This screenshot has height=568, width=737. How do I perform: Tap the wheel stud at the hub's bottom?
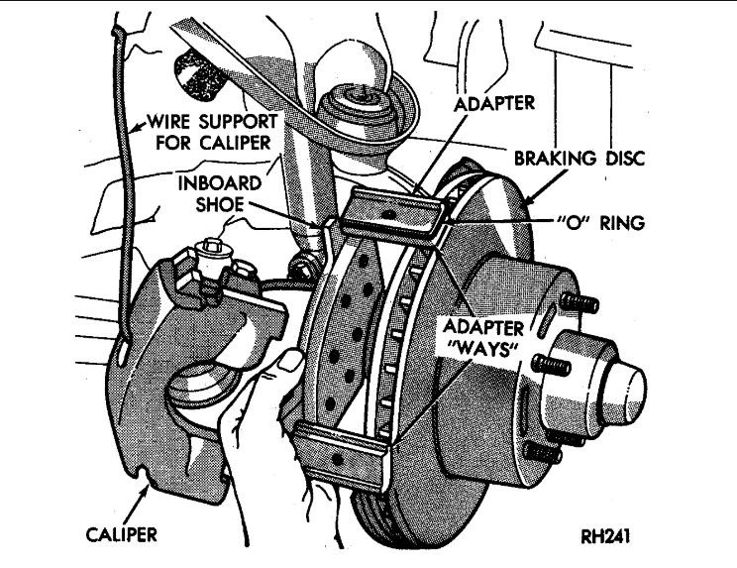click(x=535, y=452)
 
